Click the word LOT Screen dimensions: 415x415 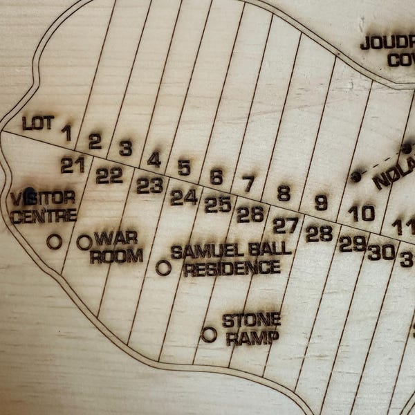coord(37,123)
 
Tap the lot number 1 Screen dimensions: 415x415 coord(66,133)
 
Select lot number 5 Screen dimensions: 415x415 coord(184,168)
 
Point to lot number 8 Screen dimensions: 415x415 coord(284,193)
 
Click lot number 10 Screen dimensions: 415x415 coord(361,213)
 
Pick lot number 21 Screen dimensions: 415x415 coord(73,165)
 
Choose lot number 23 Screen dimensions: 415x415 coord(149,185)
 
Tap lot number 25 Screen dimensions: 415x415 coord(218,205)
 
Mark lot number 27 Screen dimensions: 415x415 coord(285,225)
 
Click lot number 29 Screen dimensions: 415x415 coord(352,243)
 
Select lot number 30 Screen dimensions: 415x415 coord(381,252)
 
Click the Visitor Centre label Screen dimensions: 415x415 coord(43,206)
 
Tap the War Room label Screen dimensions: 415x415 coord(116,247)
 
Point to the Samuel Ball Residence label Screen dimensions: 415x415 coord(231,259)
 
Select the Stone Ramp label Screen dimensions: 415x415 coord(251,329)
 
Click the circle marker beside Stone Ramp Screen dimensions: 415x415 coord(209,335)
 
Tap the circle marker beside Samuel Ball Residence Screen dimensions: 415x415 coord(164,268)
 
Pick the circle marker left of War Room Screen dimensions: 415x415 coord(84,242)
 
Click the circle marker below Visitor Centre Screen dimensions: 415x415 coord(54,241)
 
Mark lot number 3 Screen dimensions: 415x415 coord(126,149)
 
